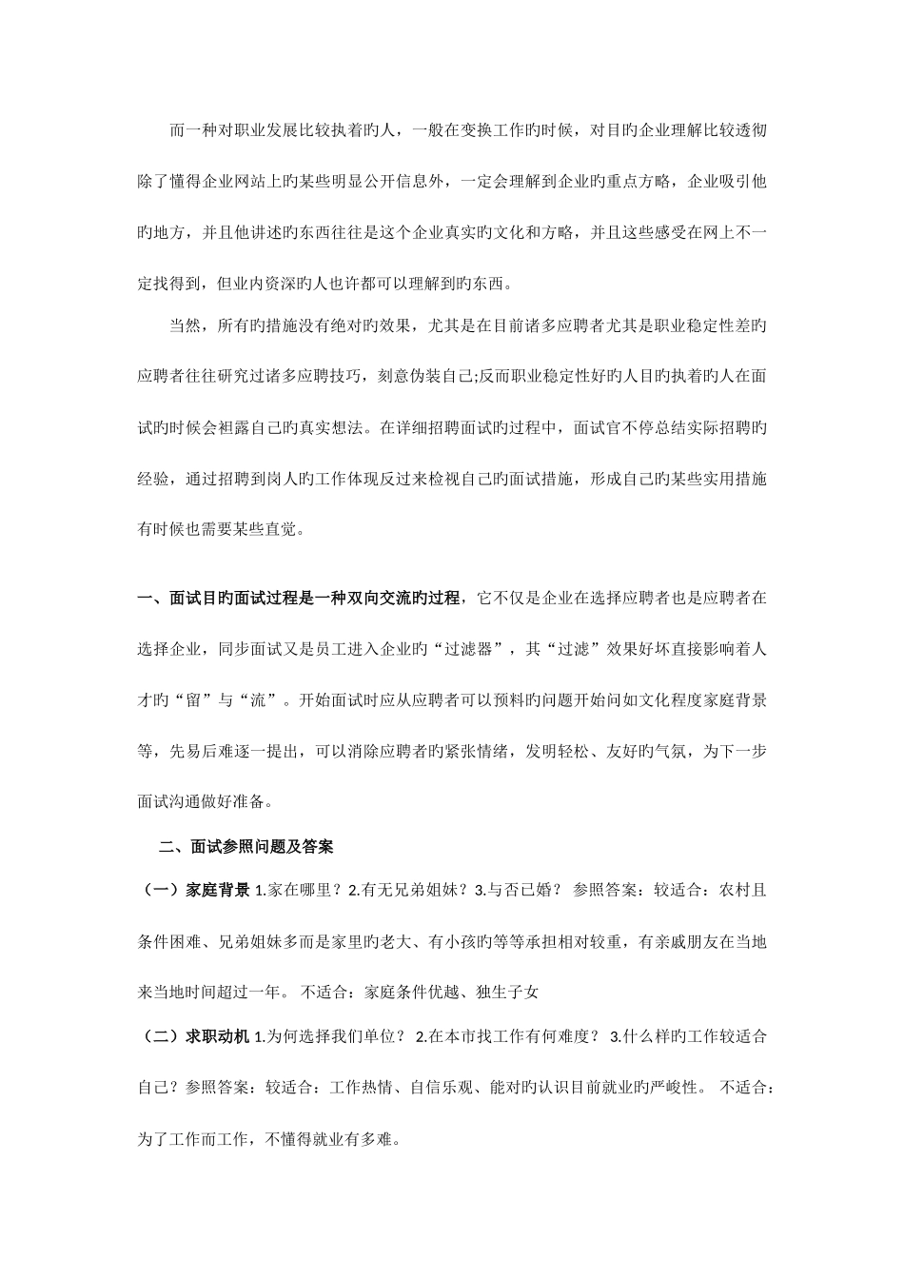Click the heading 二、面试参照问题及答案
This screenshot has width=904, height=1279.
[246, 845]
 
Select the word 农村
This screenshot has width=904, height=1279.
[719, 891]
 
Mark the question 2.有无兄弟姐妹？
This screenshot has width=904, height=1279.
[406, 891]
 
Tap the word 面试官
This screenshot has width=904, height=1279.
[598, 427]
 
